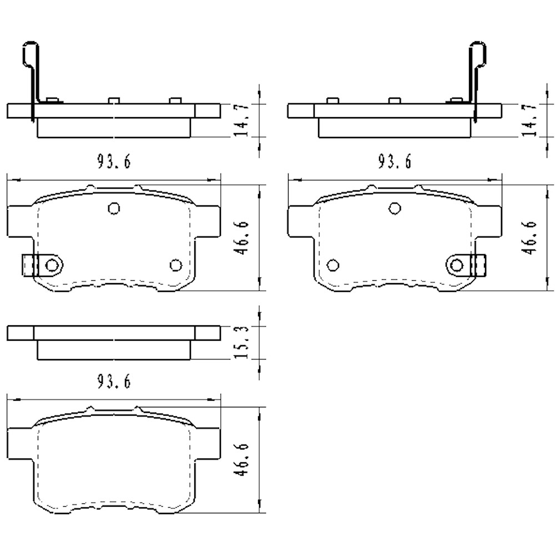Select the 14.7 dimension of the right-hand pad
point(529,120)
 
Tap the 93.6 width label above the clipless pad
point(114,381)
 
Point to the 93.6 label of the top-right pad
point(394,162)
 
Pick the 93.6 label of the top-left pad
point(114,162)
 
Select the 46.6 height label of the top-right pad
point(529,238)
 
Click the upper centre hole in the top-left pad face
point(114,208)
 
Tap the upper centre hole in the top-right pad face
point(395,208)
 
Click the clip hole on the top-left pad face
point(52,265)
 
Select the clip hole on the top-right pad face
point(457,265)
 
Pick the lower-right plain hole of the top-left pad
point(176,265)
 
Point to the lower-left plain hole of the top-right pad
point(333,265)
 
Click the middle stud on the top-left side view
point(114,100)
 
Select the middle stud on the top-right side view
point(395,100)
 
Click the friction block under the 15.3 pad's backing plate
point(114,350)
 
